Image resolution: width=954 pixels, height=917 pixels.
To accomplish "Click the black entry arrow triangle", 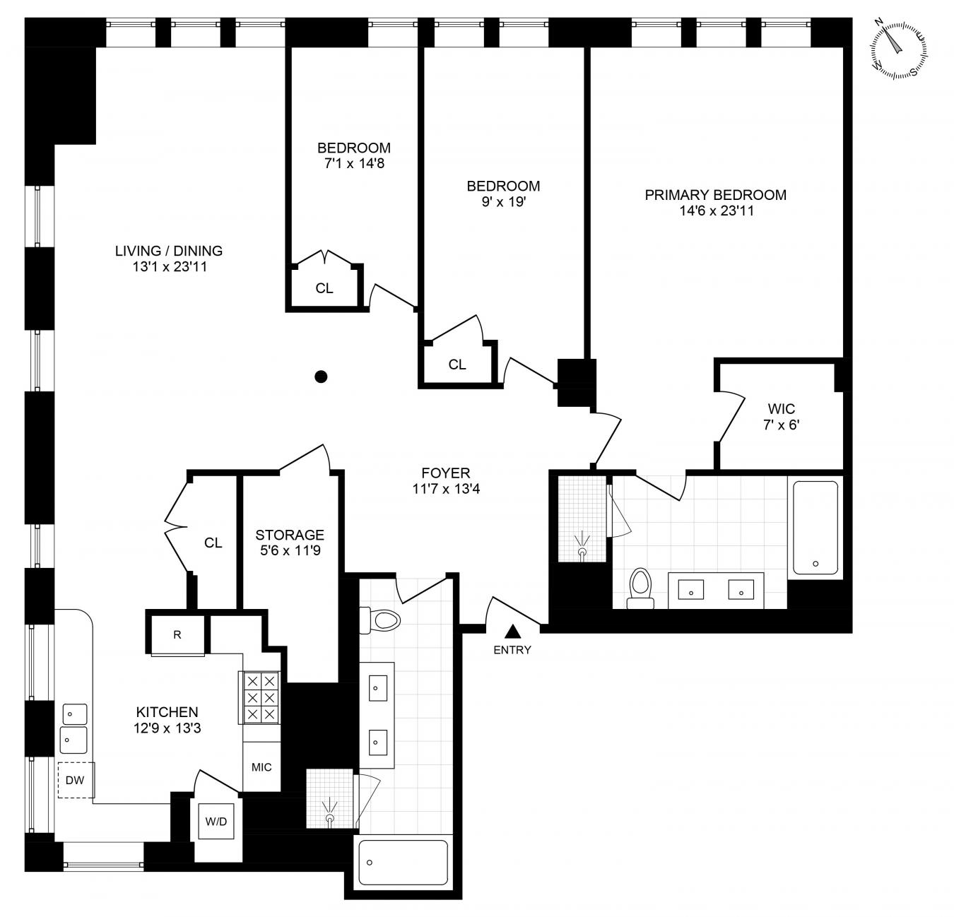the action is click(512, 632).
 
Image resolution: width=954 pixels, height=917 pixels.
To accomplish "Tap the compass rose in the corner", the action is click(898, 50).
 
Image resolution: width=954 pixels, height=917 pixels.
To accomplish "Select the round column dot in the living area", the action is click(321, 377).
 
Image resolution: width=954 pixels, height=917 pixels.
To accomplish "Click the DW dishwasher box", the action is click(76, 780).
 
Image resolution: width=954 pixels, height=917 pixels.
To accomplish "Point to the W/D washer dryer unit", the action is click(216, 822).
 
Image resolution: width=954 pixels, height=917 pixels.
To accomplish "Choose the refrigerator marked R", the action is click(177, 634).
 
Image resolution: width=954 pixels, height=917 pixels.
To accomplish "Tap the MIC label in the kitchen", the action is click(261, 767).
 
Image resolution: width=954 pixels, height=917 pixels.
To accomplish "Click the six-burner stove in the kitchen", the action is click(259, 697).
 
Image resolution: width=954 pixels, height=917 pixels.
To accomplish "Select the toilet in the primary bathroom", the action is click(640, 588).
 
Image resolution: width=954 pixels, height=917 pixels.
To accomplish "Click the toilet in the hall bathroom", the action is click(380, 620).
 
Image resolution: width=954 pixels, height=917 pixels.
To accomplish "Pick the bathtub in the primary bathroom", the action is click(815, 527).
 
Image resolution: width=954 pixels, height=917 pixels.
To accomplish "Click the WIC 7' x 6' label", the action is click(782, 417).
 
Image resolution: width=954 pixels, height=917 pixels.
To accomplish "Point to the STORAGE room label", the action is click(290, 534).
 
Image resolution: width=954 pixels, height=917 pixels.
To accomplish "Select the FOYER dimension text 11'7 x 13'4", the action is click(446, 489).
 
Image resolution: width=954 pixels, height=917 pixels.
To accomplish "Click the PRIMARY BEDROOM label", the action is click(715, 194).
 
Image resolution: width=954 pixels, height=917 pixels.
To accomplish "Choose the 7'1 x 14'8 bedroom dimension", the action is click(354, 163).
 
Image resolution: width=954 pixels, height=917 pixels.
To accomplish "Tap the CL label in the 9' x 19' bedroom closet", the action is click(457, 364).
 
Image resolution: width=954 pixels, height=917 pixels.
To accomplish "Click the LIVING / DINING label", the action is click(169, 251).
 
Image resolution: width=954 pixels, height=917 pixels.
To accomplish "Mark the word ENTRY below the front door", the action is click(512, 650).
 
